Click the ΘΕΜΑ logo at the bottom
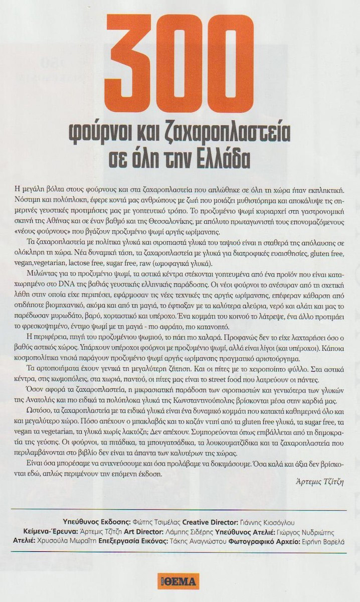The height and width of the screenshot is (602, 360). pos(178,581)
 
